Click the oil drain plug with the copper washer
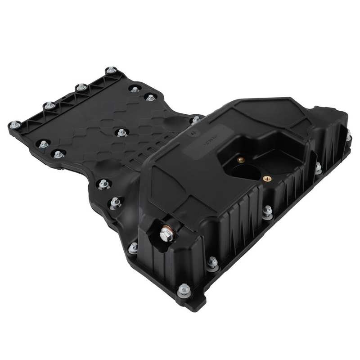[x=166, y=234]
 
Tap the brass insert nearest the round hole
[x=240, y=159]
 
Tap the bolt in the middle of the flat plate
[x=121, y=132]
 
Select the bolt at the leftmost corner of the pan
[x=14, y=124]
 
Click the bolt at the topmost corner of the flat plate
[x=111, y=70]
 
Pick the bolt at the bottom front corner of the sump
[x=184, y=289]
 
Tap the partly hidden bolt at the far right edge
[x=349, y=135]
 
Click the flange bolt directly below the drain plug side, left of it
[x=133, y=247]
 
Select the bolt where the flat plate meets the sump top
[x=196, y=120]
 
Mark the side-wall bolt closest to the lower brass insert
[x=267, y=211]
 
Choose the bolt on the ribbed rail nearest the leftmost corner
[x=49, y=106]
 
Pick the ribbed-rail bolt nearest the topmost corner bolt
[x=81, y=87]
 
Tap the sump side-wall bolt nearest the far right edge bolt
[x=318, y=167]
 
